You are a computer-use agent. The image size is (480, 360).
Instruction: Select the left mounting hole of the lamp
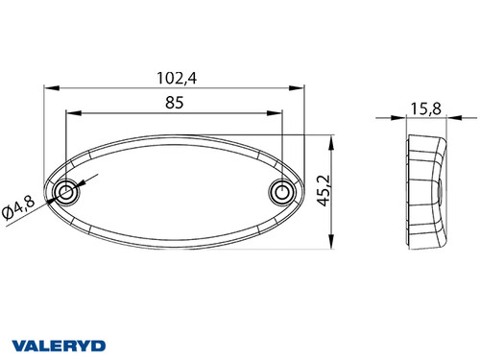coord(67,193)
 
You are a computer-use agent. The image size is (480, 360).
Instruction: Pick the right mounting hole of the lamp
coord(281,193)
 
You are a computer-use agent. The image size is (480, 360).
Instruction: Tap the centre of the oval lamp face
coord(174,192)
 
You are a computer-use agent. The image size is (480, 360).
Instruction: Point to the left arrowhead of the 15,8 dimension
coord(405,120)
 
